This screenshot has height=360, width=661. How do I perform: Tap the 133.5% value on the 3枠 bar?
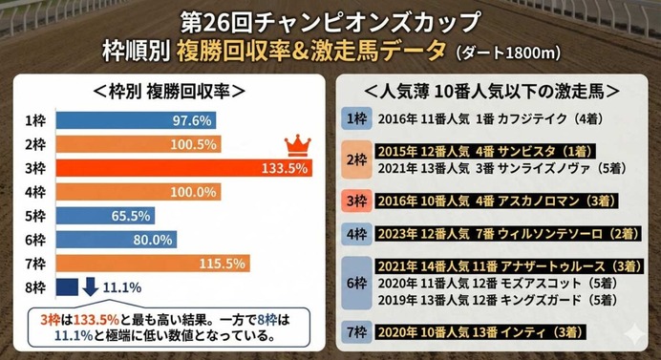284,168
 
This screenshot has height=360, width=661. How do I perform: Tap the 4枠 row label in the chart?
36,192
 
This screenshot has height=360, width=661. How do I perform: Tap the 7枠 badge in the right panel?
355,331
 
